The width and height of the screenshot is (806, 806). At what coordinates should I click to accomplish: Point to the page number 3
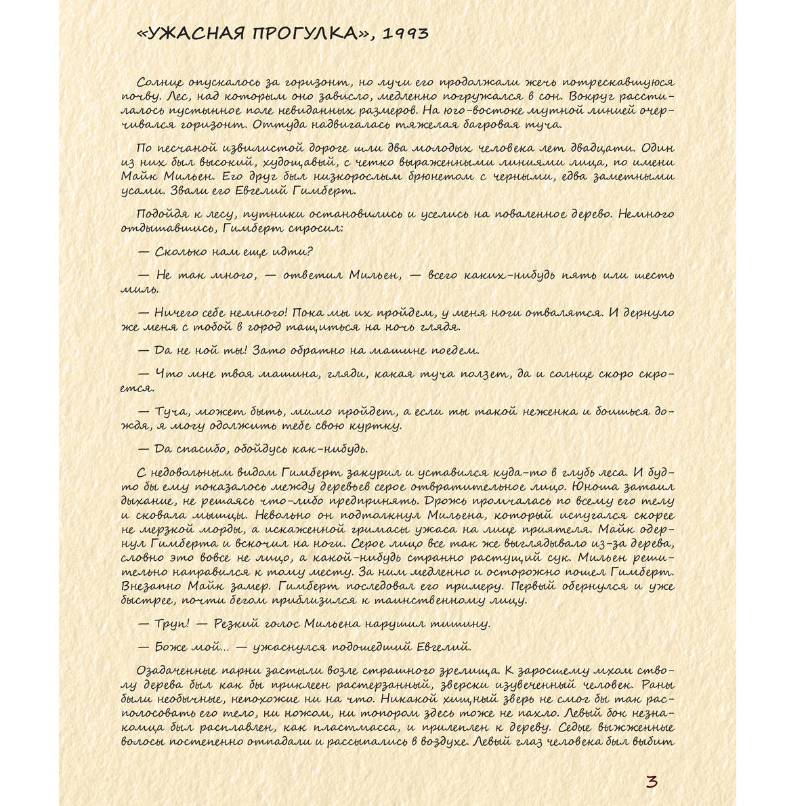pos(652,782)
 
